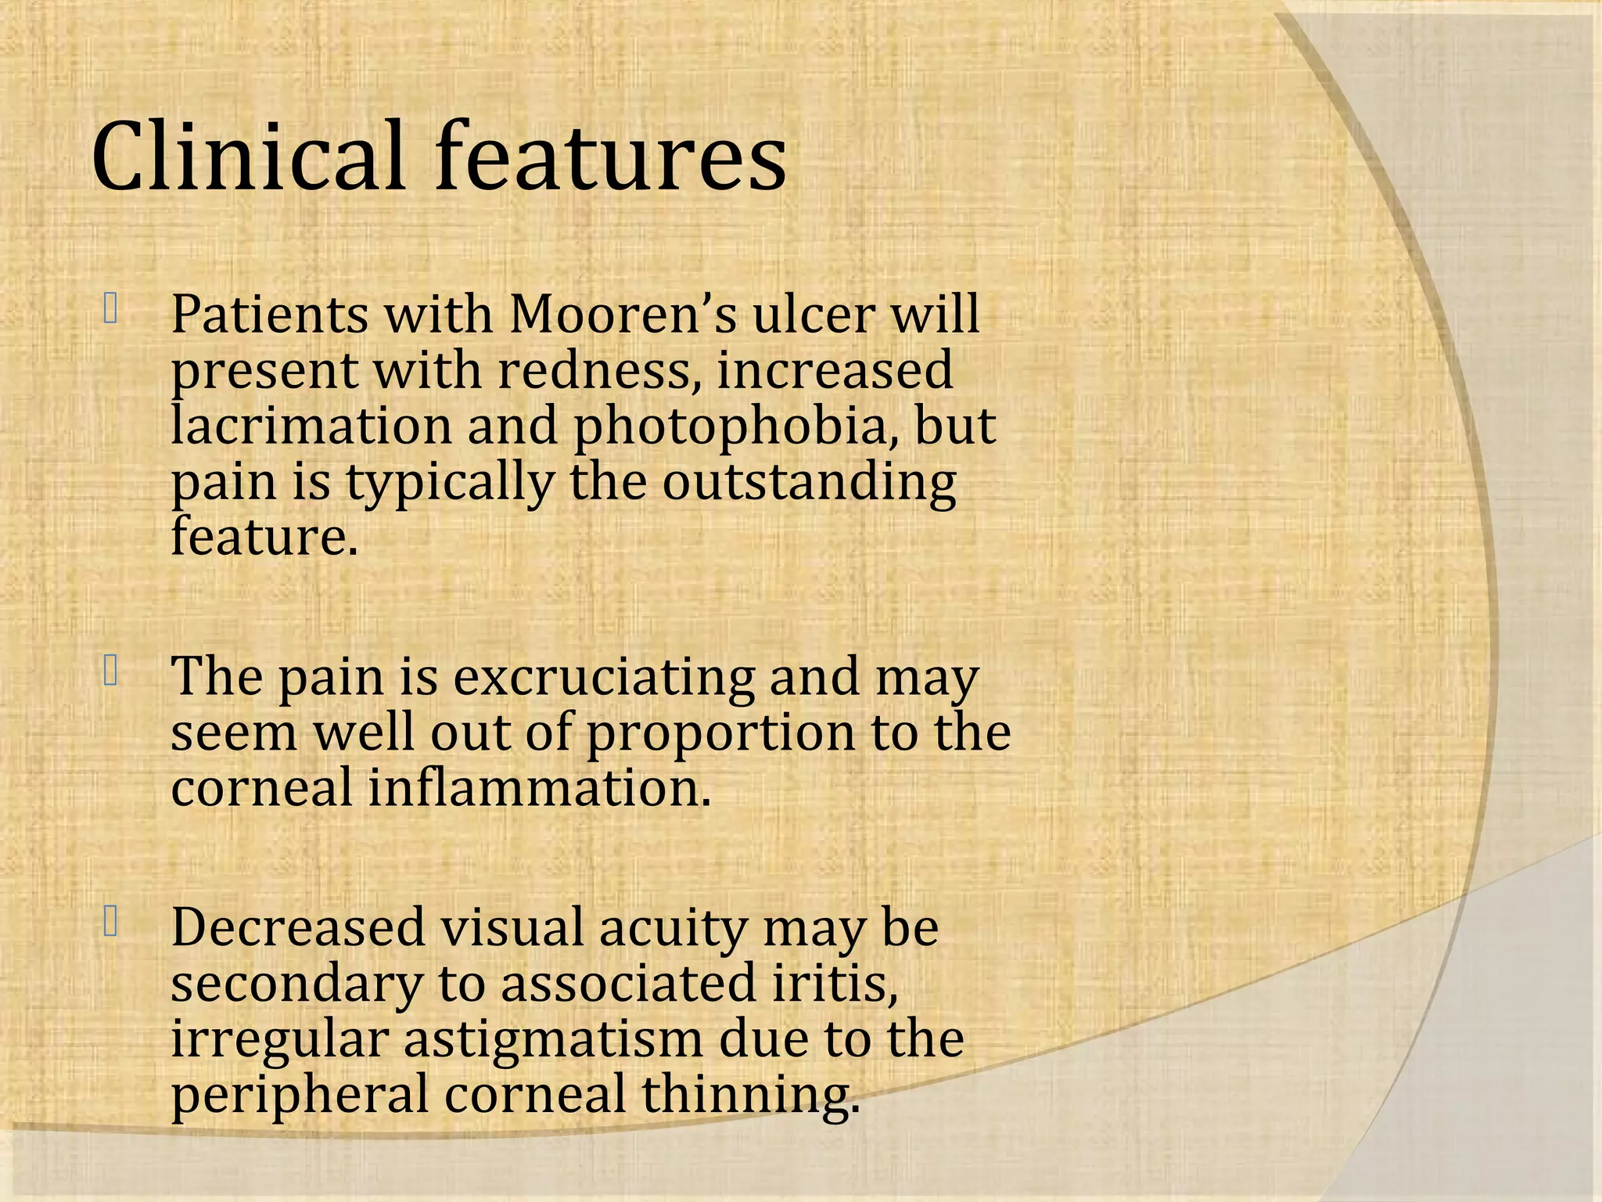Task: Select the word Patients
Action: [269, 315]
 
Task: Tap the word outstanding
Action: [809, 483]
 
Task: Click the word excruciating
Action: [604, 678]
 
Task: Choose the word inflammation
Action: [540, 787]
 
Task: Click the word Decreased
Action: [298, 927]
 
